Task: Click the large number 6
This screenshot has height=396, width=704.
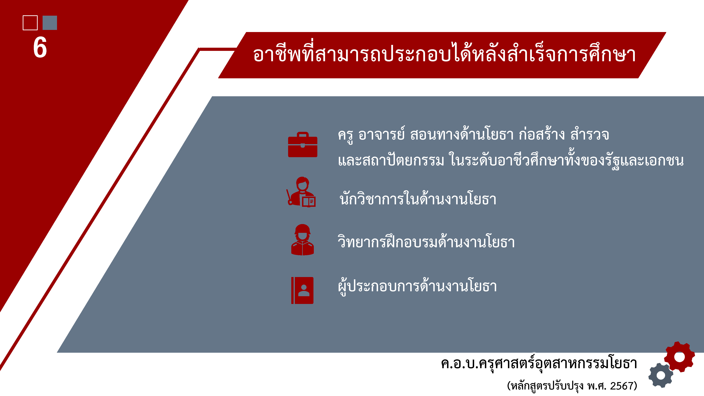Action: pos(40,47)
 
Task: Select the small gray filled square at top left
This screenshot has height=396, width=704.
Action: pos(50,23)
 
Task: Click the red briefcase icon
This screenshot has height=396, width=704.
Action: pos(303,144)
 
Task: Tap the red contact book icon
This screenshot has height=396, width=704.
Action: pos(302,290)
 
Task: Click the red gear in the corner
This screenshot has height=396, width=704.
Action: pos(679,357)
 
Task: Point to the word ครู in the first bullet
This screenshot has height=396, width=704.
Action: pos(345,135)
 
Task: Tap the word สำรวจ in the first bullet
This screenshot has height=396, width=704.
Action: pos(590,134)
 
